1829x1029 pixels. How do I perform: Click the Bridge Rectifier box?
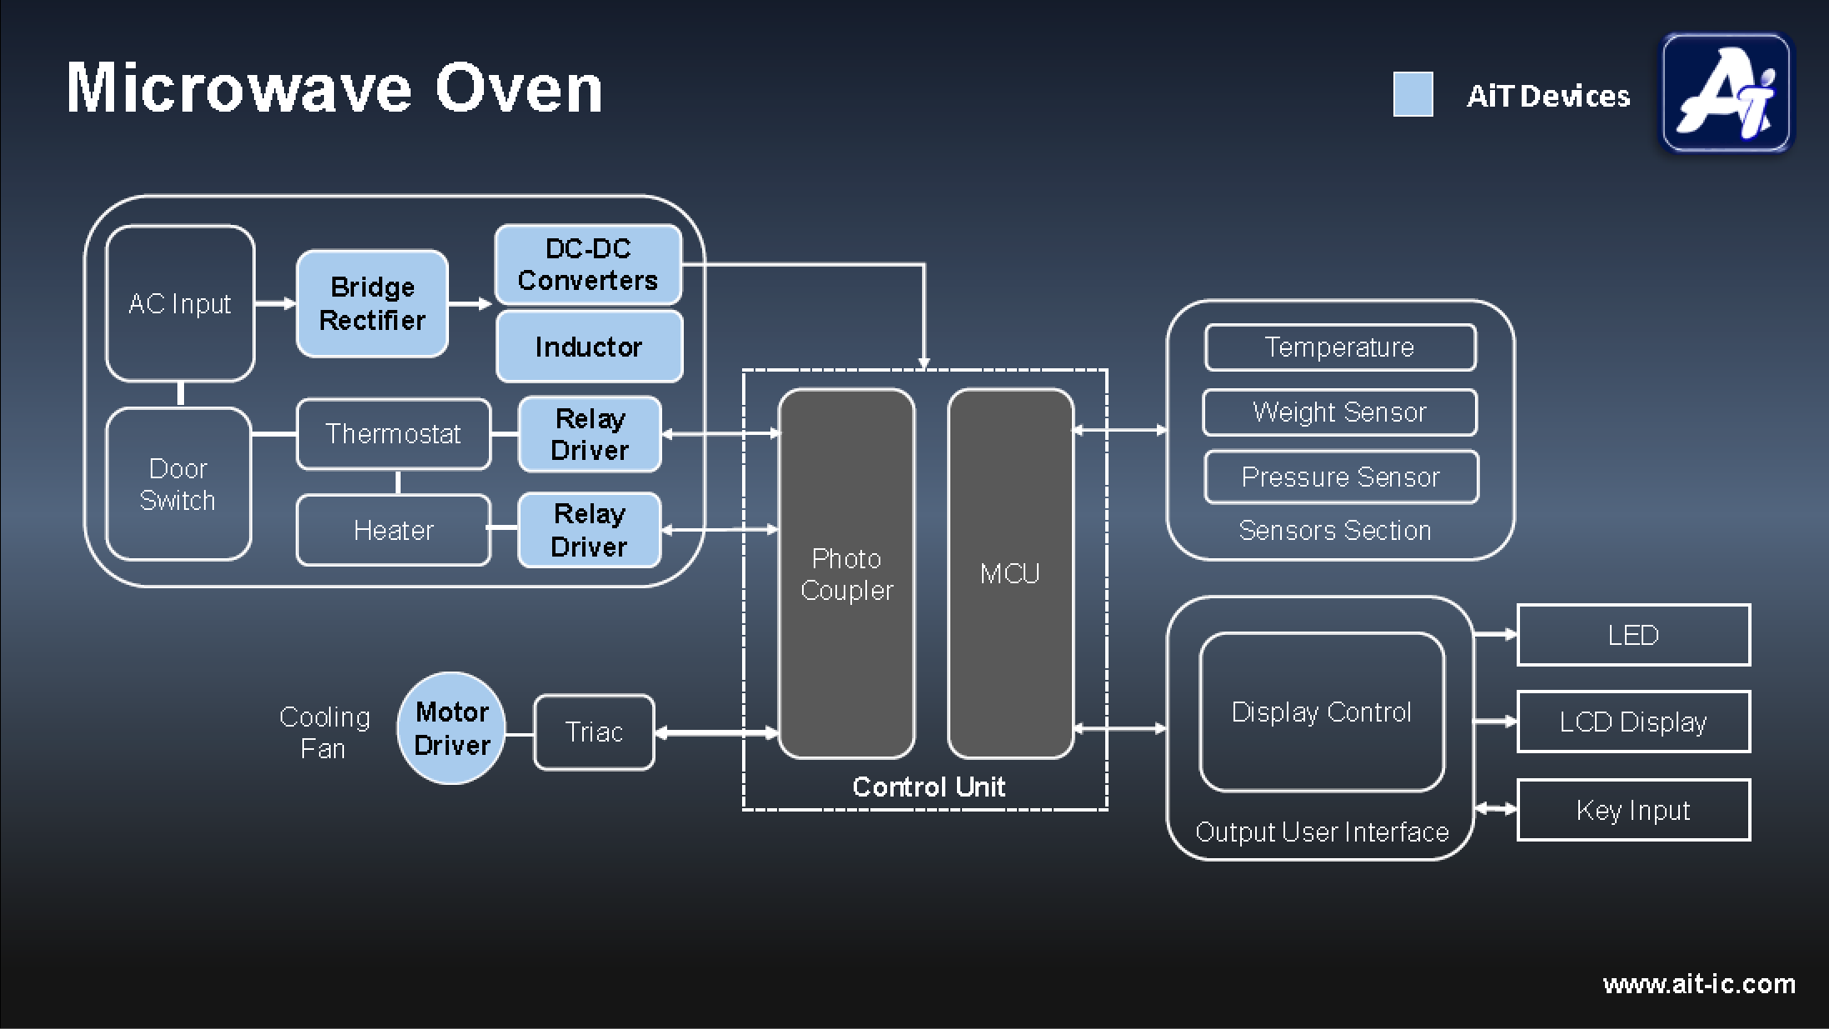(x=372, y=303)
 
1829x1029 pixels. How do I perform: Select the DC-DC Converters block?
(x=588, y=264)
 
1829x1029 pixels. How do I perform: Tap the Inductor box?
(x=589, y=347)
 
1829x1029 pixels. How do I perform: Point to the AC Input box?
(x=180, y=303)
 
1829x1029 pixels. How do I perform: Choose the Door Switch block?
(x=178, y=484)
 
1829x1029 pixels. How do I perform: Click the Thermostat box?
(x=393, y=434)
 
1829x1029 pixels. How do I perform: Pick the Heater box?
(x=393, y=531)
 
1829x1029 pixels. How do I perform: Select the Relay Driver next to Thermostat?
(x=590, y=434)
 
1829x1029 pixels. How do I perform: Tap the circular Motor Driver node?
(x=451, y=728)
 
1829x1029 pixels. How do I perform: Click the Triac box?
(x=594, y=732)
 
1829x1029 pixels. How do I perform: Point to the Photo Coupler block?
(x=846, y=574)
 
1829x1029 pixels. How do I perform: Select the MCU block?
(x=1010, y=574)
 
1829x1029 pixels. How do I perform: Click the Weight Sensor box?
(x=1339, y=412)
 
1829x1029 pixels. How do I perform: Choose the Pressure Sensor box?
(x=1341, y=477)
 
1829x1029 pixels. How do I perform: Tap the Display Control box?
(x=1322, y=712)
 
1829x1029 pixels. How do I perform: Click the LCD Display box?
(x=1633, y=722)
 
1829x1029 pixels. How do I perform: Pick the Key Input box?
(x=1633, y=810)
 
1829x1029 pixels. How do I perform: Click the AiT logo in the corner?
(x=1727, y=92)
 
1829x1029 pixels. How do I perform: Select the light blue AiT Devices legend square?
(x=1413, y=94)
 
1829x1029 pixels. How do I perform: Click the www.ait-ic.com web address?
(x=1699, y=984)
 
